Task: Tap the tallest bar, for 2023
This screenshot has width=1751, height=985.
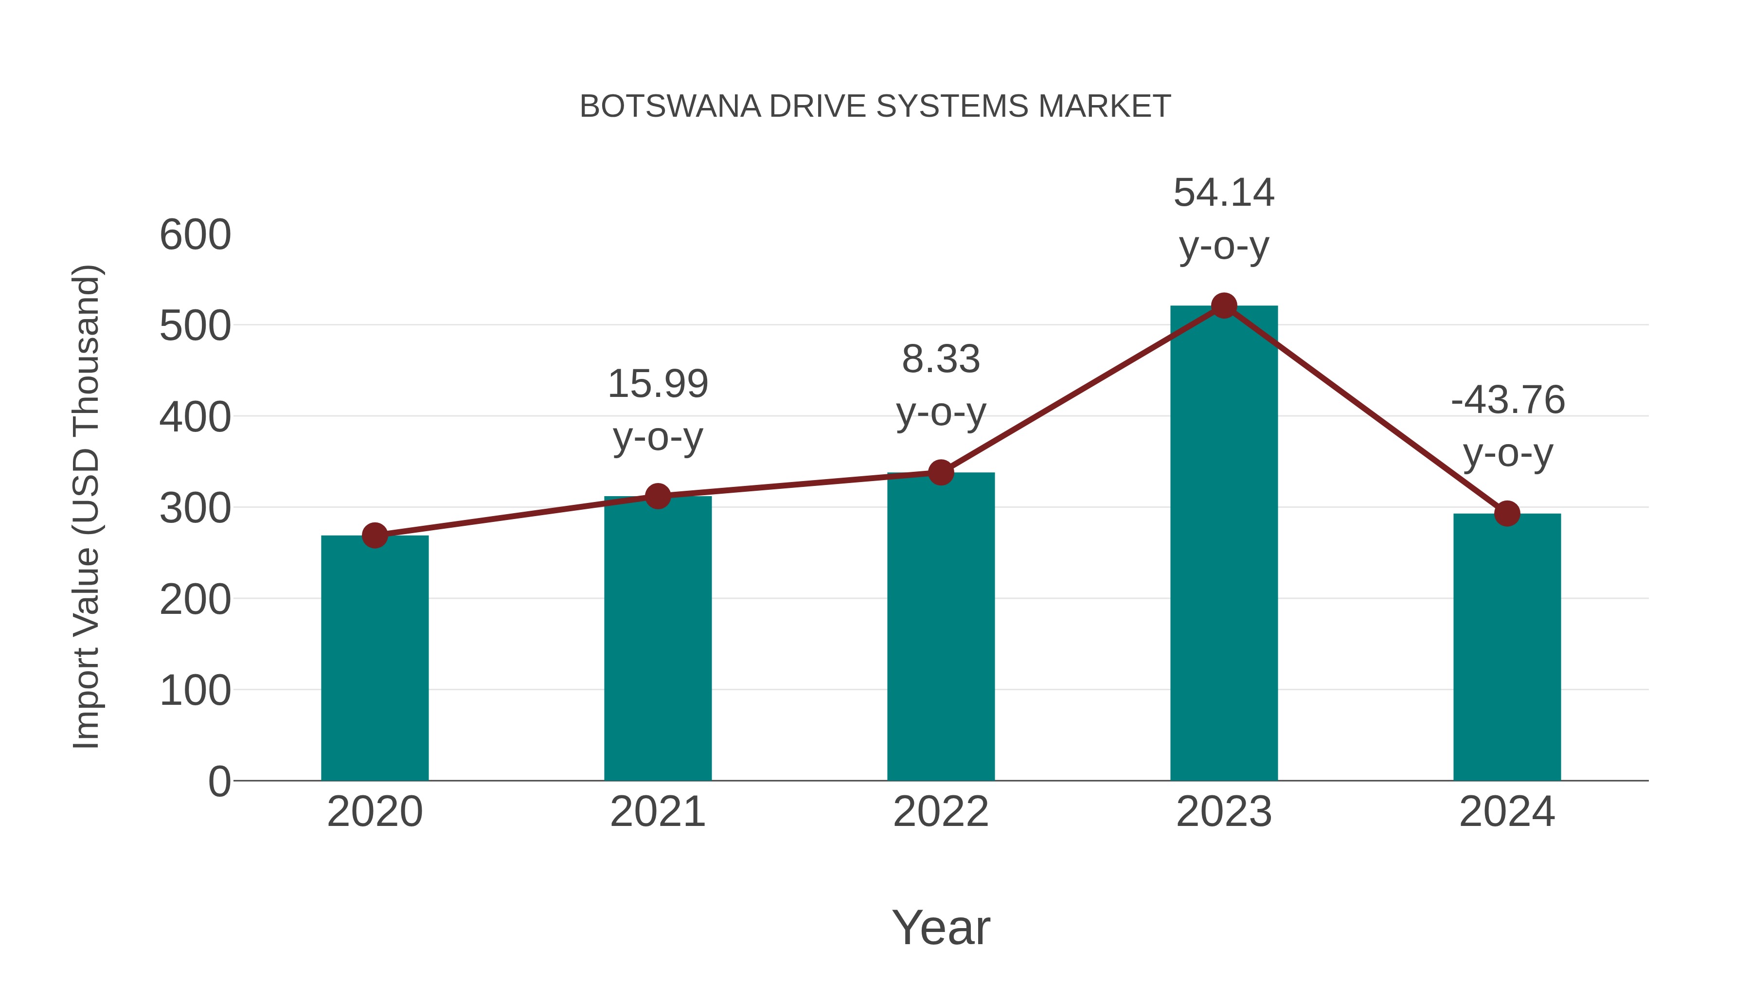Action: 1224,543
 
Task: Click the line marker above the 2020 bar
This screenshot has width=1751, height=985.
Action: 375,536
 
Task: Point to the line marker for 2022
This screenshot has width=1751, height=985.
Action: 941,472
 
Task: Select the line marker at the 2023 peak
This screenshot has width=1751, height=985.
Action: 1224,306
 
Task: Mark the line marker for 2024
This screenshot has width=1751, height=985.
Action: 1507,514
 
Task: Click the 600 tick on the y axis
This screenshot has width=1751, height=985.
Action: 195,235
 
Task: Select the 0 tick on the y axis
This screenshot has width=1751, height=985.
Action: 219,781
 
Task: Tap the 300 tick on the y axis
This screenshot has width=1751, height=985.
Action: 195,508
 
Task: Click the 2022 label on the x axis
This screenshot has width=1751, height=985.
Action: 941,812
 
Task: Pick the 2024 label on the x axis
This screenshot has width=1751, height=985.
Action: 1507,812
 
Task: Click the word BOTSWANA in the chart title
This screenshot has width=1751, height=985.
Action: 670,107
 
